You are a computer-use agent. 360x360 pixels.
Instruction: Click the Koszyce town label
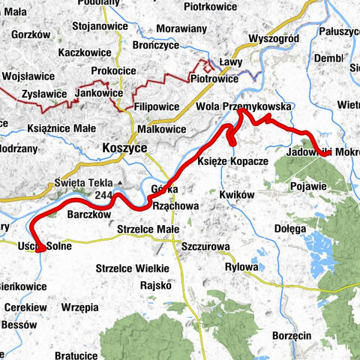[122, 148]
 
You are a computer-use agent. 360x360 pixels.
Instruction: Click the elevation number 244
[105, 194]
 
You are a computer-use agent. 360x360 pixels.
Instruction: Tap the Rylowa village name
[241, 267]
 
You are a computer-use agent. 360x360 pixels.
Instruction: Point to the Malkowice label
[159, 129]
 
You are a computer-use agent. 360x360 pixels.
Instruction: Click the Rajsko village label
[156, 285]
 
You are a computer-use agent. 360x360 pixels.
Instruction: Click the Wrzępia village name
[80, 307]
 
